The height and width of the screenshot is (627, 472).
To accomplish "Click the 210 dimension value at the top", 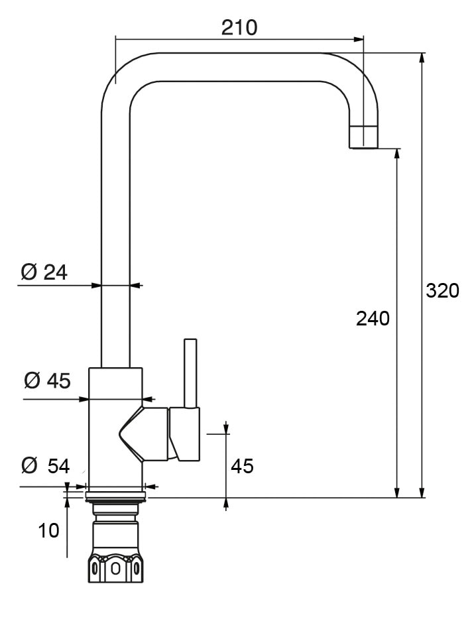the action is click(239, 28).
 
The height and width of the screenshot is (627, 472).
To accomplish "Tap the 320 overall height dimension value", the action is click(442, 291).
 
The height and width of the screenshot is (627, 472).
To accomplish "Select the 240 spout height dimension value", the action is click(373, 319).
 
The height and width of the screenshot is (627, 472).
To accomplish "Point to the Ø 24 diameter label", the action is click(44, 272).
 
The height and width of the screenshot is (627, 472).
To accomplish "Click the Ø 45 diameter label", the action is click(47, 380).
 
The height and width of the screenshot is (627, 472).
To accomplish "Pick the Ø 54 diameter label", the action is click(46, 466).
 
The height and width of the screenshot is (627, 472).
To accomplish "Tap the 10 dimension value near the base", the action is click(49, 531).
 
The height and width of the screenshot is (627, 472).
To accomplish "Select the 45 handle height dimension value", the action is click(242, 466).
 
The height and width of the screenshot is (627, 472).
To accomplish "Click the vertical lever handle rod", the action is click(190, 373).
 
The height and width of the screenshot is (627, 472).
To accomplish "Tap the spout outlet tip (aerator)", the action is click(363, 137).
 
